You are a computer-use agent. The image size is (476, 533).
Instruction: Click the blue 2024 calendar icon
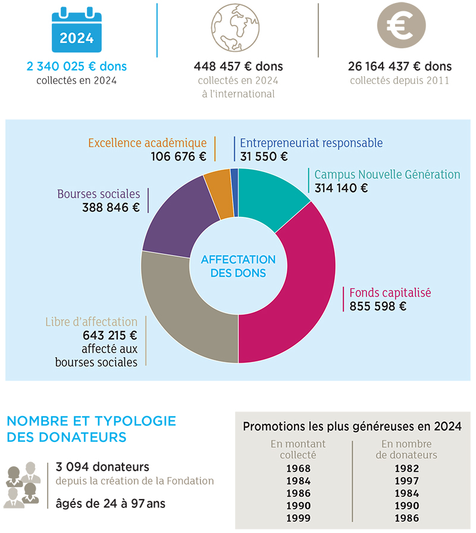point(77,30)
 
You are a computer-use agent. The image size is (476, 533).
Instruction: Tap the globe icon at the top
point(235,27)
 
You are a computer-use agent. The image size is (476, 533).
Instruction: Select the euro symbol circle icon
point(401,26)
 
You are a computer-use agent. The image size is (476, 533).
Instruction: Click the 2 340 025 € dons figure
point(77,66)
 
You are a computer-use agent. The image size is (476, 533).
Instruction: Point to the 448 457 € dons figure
point(239,66)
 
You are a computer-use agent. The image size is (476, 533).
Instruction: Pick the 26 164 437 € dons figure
point(400,66)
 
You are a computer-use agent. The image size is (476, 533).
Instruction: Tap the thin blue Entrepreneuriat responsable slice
point(234,192)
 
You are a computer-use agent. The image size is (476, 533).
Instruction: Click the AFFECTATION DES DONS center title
point(239,266)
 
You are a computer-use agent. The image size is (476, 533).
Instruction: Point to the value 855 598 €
point(378,306)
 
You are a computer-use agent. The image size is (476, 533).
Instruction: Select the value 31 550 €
point(264,157)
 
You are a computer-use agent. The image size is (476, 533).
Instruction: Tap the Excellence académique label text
point(148,143)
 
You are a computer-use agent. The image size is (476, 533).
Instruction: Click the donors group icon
point(23,485)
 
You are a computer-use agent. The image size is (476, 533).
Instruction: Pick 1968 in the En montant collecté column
point(299,469)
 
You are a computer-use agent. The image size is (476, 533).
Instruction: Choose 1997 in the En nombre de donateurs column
point(407,481)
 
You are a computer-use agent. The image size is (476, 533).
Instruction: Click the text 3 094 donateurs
point(102,467)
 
